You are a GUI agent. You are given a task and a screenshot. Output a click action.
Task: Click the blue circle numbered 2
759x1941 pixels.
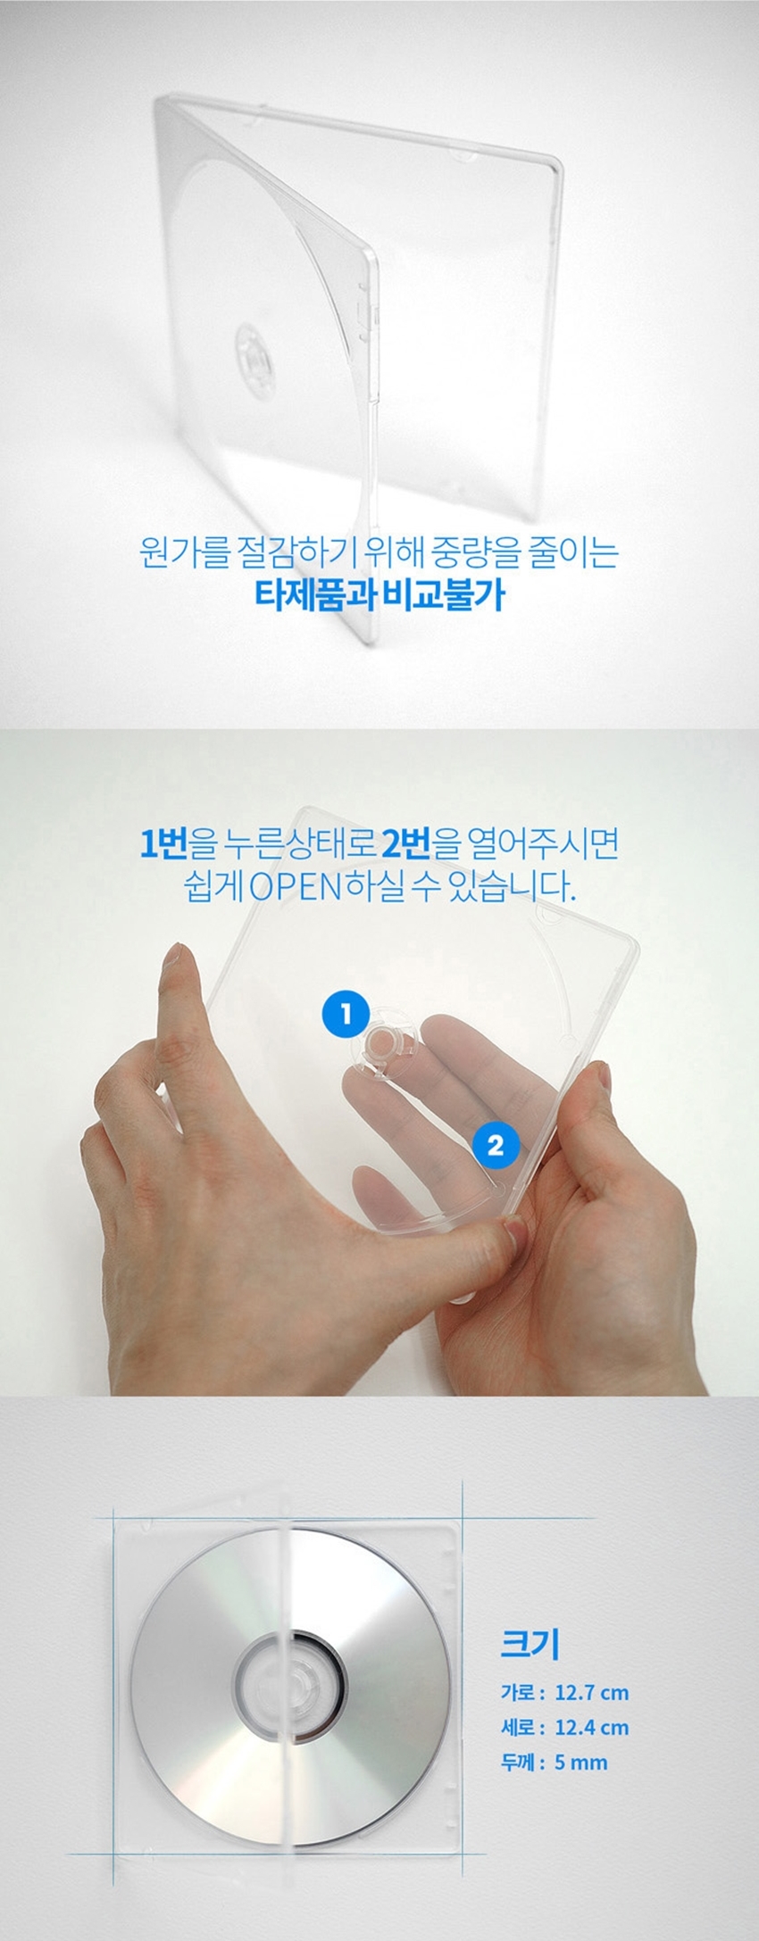(x=495, y=1144)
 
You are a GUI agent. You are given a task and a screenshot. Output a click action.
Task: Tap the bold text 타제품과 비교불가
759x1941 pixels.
(x=379, y=594)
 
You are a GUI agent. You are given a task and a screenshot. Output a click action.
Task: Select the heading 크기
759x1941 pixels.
(x=529, y=1643)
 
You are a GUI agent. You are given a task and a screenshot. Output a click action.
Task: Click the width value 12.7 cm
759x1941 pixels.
(x=591, y=1692)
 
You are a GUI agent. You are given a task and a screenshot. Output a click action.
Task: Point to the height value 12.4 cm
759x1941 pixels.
(x=591, y=1727)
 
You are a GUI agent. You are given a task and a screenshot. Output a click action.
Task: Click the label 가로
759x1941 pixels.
(x=521, y=1692)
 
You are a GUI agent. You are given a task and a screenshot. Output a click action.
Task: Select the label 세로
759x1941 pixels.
(x=521, y=1727)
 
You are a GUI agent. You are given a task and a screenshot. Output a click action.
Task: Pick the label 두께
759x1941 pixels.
(x=521, y=1762)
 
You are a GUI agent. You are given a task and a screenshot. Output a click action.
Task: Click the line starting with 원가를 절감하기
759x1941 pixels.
(x=379, y=552)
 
